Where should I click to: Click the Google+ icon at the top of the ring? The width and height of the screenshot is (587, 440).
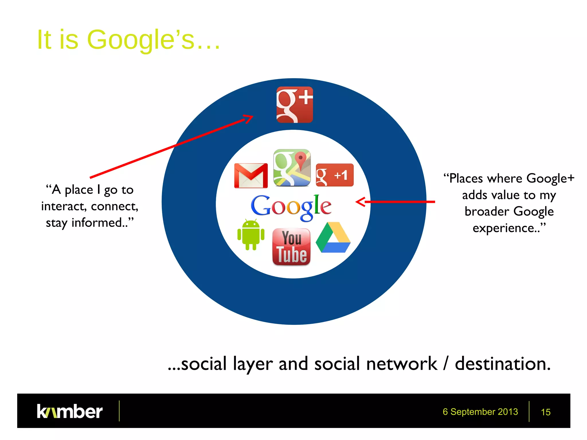pos(294,105)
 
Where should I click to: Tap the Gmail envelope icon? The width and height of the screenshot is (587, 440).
pos(251,176)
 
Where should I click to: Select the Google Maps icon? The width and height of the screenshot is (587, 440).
pos(292,168)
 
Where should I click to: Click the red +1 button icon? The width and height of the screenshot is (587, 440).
pos(334,175)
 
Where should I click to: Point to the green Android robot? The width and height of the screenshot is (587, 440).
pos(251,235)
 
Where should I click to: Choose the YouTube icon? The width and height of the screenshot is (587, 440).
pos(291,247)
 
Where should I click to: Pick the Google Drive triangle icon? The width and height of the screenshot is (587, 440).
pos(333,238)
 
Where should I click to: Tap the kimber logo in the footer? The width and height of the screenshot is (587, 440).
pos(70,411)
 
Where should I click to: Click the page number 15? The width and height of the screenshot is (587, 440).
pos(545,412)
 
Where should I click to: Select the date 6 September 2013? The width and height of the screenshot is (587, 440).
pos(480,412)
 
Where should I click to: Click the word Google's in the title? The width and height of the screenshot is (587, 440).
pos(140,40)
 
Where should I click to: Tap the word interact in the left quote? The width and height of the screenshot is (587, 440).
pos(63,206)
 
